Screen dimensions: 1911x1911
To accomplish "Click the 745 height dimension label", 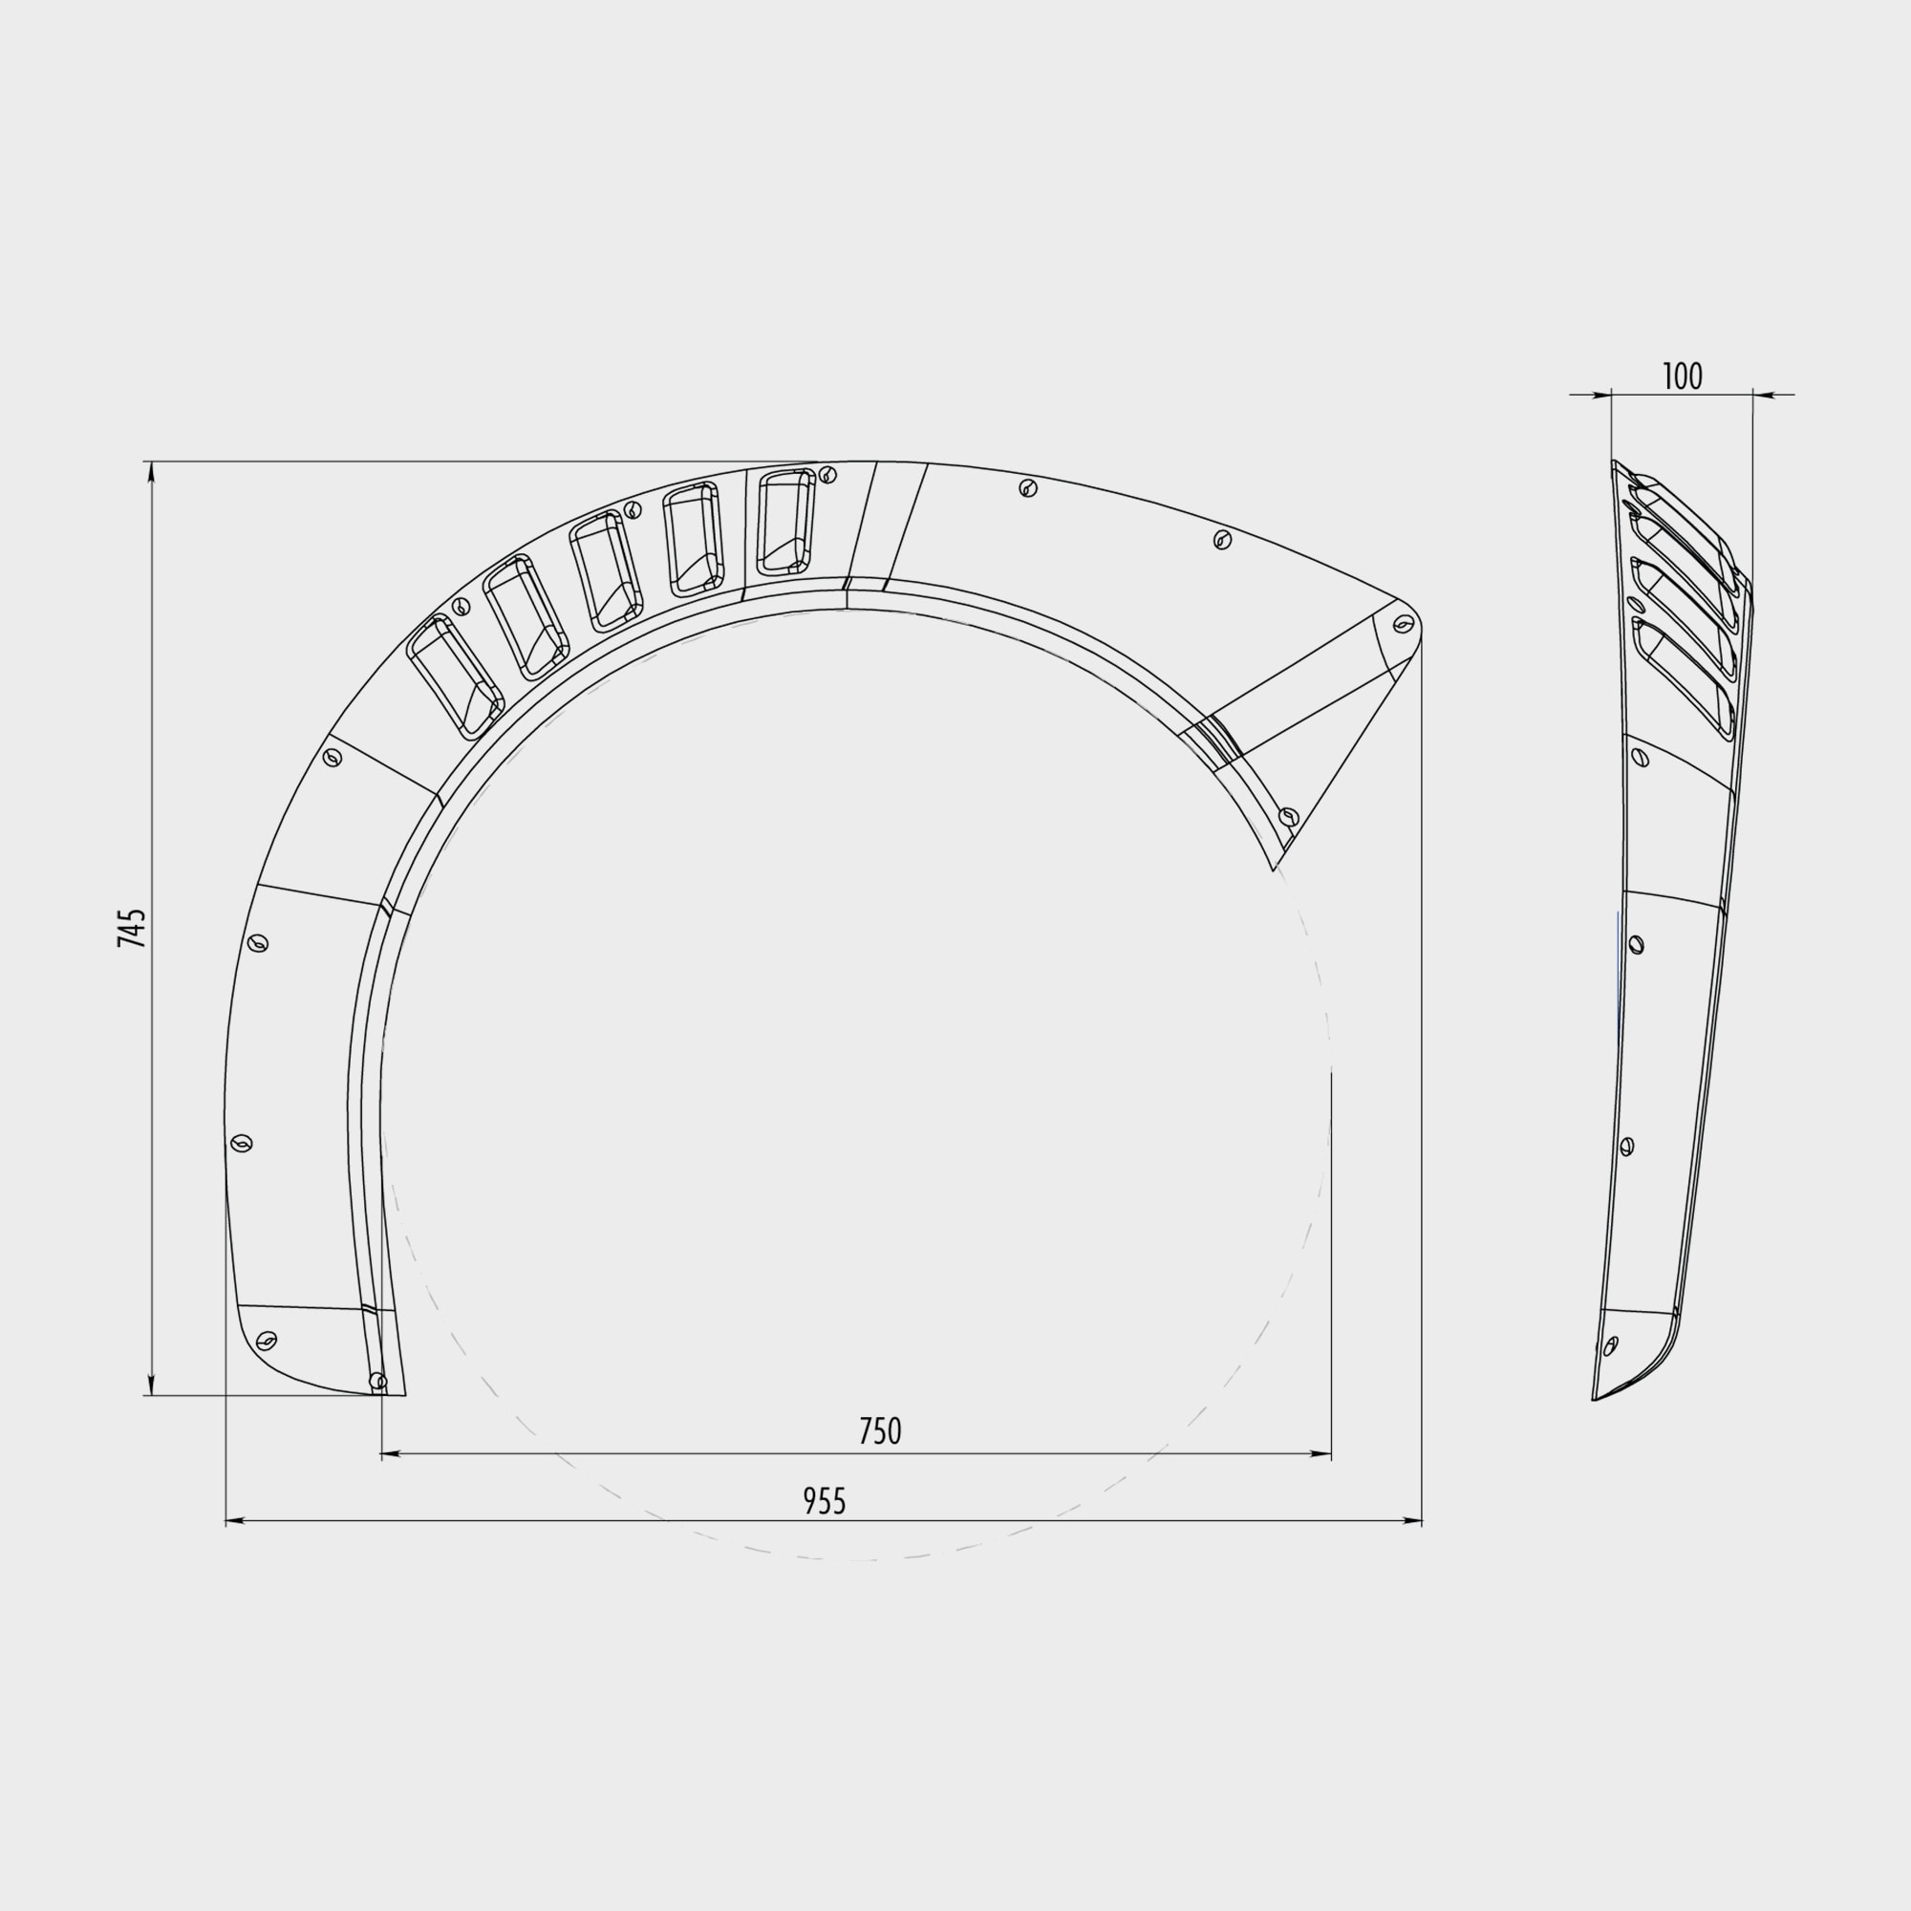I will pyautogui.click(x=132, y=928).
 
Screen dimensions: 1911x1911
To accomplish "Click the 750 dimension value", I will pyautogui.click(x=879, y=1431).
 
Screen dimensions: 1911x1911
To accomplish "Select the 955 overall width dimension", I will pyautogui.click(x=824, y=1501).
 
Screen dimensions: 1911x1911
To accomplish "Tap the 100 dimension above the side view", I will pyautogui.click(x=1682, y=376).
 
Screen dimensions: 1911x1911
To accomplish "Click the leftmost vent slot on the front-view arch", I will pyautogui.click(x=456, y=676).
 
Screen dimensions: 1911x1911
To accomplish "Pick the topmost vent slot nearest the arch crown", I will pyautogui.click(x=786, y=522).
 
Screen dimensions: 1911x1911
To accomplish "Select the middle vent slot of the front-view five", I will pyautogui.click(x=607, y=572).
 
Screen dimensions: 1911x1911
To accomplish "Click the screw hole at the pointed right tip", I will pyautogui.click(x=1403, y=624).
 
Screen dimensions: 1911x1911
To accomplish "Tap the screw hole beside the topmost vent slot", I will pyautogui.click(x=827, y=475).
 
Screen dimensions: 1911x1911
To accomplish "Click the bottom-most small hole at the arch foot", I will pyautogui.click(x=376, y=1380).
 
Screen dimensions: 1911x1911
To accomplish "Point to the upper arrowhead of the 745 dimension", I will pyautogui.click(x=151, y=472).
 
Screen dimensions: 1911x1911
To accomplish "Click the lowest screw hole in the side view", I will pyautogui.click(x=1610, y=1345).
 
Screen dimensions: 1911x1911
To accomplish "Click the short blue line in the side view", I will pyautogui.click(x=1619, y=975).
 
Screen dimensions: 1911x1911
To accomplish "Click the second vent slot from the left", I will pyautogui.click(x=526, y=617).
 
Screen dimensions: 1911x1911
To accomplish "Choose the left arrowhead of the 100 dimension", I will pyautogui.click(x=1603, y=396).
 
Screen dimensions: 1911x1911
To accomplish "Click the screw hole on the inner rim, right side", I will pyautogui.click(x=1288, y=817).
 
